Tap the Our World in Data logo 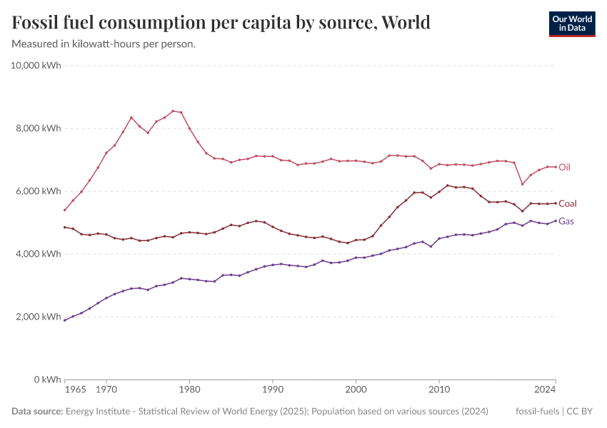(x=571, y=24)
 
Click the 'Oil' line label (x=564, y=167)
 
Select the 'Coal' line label (x=567, y=203)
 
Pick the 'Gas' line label (x=566, y=221)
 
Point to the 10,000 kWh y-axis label (x=36, y=66)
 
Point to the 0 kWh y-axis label (x=46, y=379)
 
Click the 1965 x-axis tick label (x=75, y=390)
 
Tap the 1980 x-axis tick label (x=189, y=390)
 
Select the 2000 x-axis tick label (x=356, y=390)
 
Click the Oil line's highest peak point (x=173, y=111)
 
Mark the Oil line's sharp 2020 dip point (x=522, y=184)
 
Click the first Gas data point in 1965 (x=65, y=320)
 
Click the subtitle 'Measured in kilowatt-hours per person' (x=104, y=44)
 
